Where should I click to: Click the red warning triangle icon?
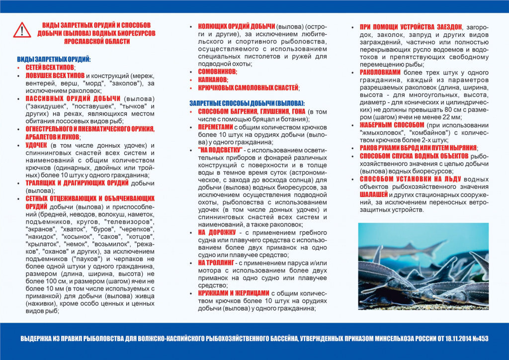point(22,31)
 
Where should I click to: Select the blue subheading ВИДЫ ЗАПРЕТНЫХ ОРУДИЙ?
point(54,59)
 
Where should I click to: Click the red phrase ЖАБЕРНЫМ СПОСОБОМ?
point(392,125)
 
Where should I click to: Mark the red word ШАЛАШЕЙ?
point(377,194)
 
